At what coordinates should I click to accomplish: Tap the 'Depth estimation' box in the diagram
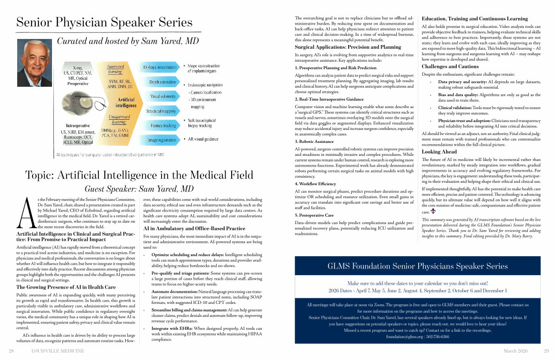159,82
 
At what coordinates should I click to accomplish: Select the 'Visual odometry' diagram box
159,96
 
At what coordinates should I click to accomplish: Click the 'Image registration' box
159,140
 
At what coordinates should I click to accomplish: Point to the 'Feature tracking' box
159,125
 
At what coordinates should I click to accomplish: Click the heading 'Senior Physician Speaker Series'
104,22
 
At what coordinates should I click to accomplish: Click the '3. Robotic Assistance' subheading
314,141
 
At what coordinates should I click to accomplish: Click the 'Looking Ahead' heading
439,152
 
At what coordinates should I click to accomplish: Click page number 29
546,351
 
